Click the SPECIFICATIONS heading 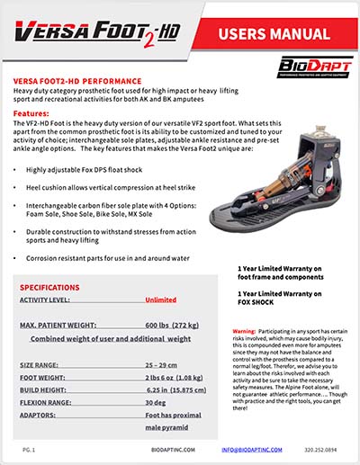pyautogui.click(x=58, y=288)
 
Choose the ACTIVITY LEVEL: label pyautogui.click(x=49, y=303)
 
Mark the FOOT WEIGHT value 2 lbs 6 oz pyautogui.click(x=174, y=380)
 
